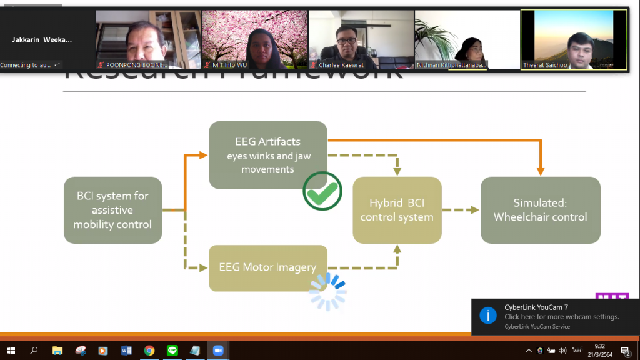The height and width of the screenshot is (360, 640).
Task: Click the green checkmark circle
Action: (322, 191)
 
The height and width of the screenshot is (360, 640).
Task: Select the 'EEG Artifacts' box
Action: (268, 154)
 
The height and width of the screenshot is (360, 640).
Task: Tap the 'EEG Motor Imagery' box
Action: (267, 267)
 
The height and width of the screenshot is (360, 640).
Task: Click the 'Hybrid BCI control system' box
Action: (397, 210)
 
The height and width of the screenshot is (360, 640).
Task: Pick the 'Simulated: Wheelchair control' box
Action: (540, 210)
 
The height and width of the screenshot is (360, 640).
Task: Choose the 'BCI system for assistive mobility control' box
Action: (112, 210)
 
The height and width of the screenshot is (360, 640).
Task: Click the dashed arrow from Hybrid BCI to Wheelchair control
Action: (461, 210)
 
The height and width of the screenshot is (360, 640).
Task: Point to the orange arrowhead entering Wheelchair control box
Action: (541, 170)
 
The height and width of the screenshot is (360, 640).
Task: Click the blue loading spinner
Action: (327, 291)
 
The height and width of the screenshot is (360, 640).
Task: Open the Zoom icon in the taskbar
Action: (218, 351)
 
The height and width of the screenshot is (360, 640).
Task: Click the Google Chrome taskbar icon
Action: (149, 351)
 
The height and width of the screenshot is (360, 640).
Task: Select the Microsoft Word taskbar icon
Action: (126, 351)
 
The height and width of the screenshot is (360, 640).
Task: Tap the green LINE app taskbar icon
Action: (172, 351)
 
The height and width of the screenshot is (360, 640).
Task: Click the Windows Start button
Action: (11, 351)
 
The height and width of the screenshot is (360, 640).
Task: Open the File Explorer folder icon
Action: (57, 351)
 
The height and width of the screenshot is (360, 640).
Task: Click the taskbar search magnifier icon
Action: (34, 351)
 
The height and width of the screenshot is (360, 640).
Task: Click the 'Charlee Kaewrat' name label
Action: (342, 65)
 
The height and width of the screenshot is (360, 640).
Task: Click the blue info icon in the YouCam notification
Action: (488, 315)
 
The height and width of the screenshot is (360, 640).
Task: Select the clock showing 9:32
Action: (599, 346)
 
